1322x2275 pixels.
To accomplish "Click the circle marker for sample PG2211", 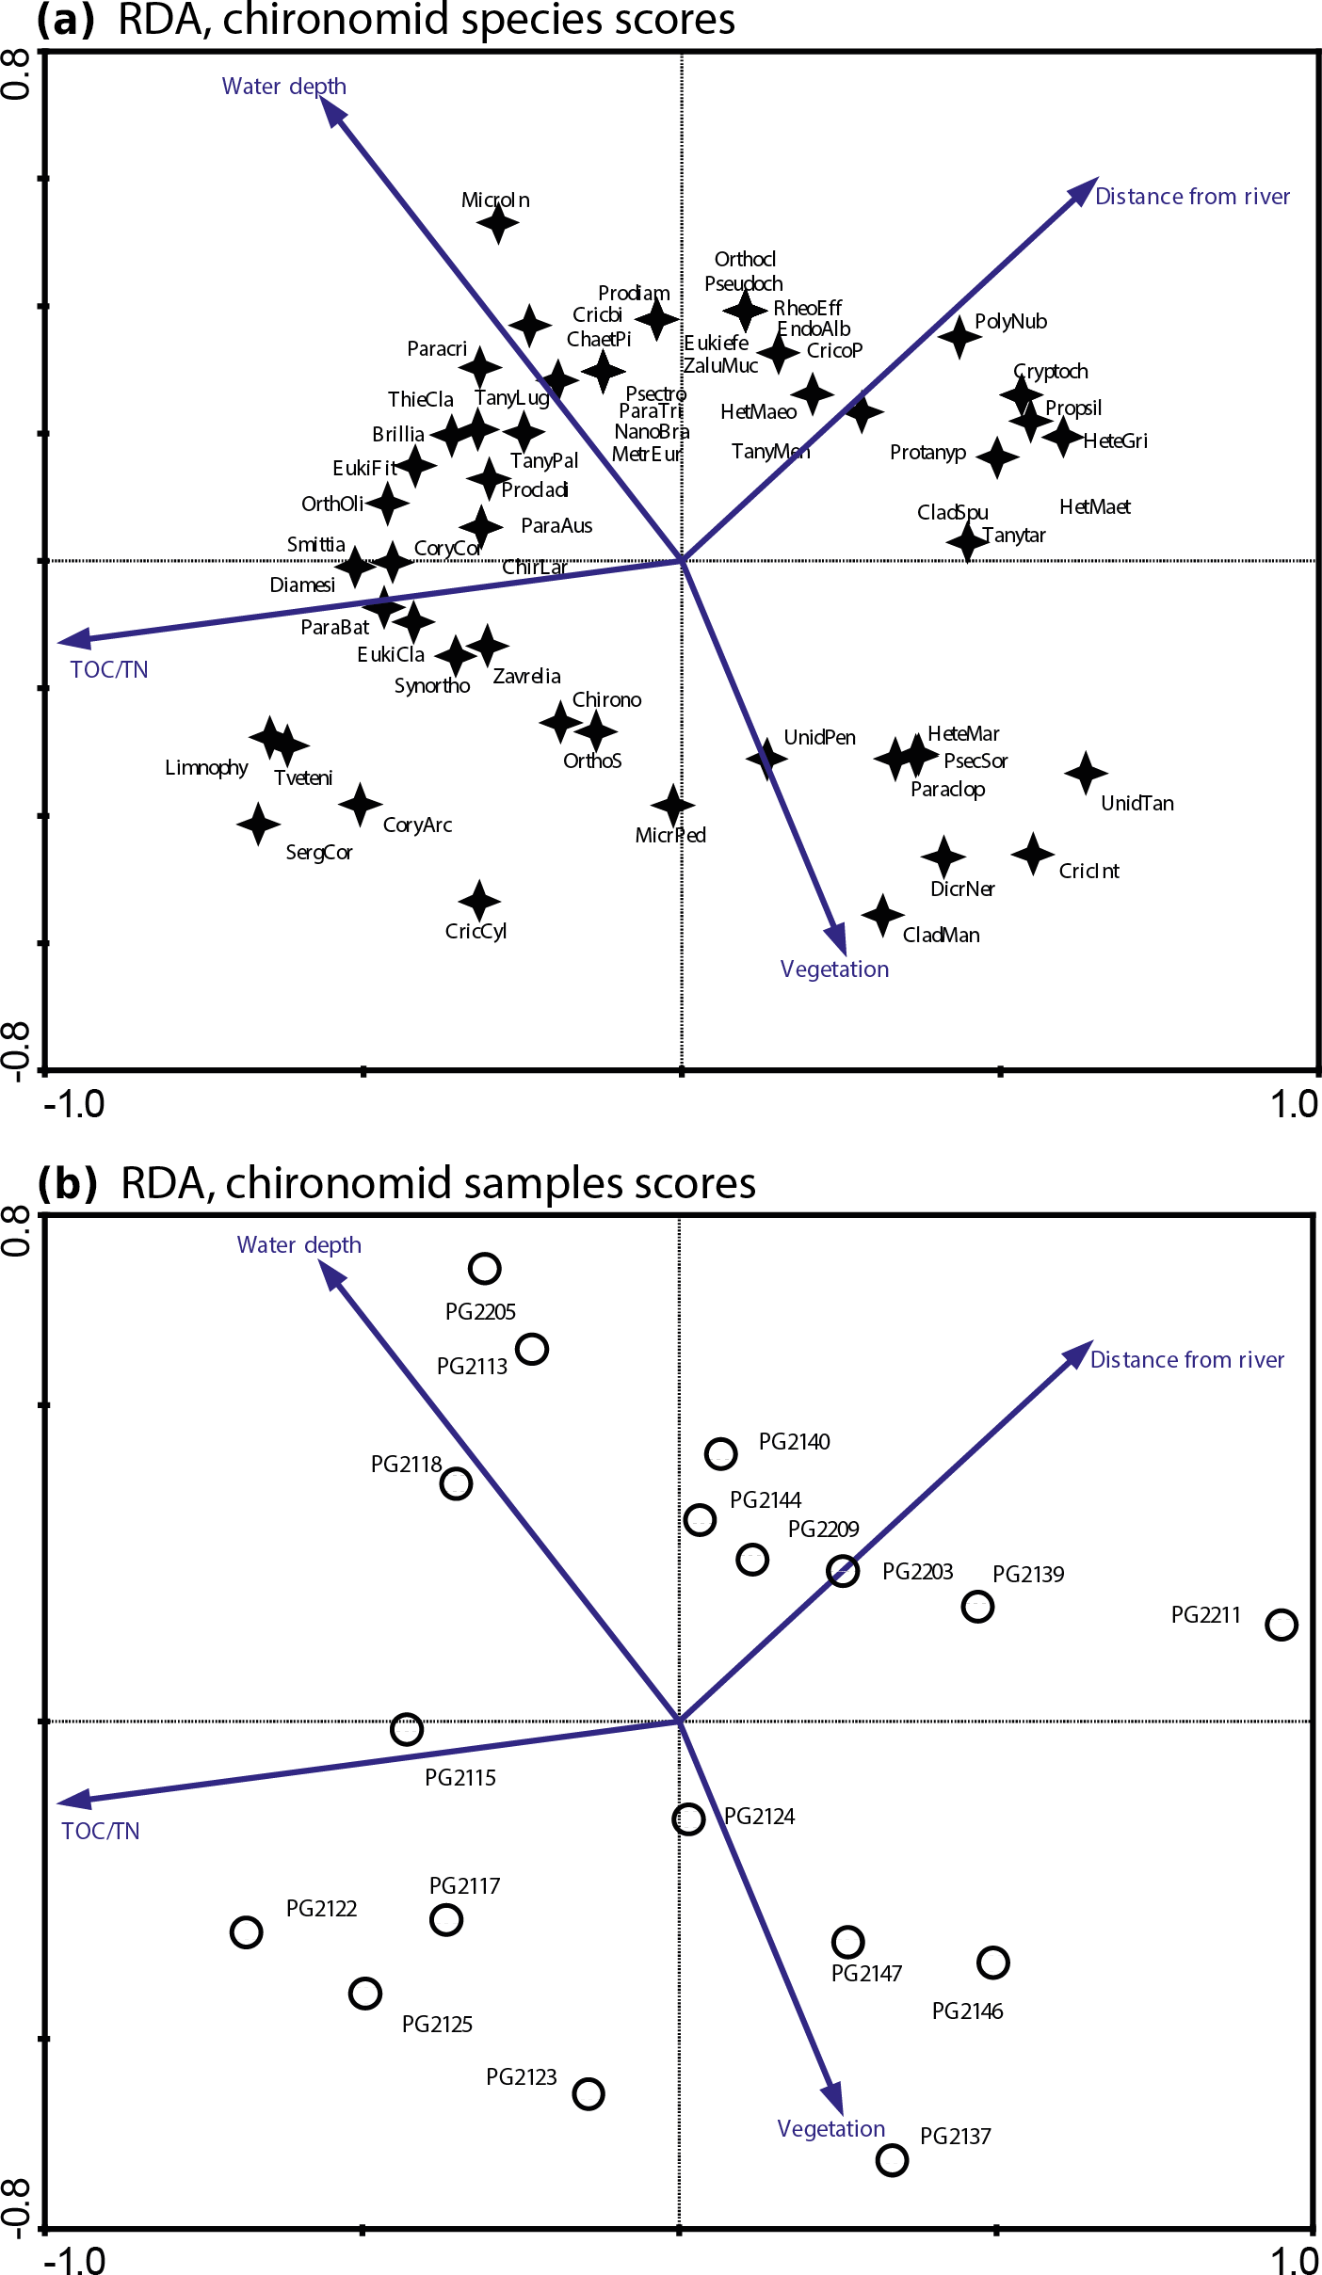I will coord(1281,1624).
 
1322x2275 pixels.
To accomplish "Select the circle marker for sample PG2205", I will coord(484,1268).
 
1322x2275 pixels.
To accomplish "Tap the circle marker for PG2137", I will coord(892,2159).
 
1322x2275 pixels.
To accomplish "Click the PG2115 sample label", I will coord(459,1777).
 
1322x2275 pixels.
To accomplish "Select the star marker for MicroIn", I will coord(498,223).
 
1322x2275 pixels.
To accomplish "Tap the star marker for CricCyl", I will coord(479,901).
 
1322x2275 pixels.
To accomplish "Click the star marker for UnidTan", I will coord(1086,773).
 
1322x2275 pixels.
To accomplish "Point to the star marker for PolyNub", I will coord(959,336).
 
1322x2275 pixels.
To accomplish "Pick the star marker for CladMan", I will coord(882,914).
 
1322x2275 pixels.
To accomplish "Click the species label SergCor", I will coord(319,853).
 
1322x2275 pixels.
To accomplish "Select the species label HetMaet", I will coord(1094,507).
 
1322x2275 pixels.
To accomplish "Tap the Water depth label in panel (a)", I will coord(283,87).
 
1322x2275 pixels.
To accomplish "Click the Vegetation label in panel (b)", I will coord(830,2128).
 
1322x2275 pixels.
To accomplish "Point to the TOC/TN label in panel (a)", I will coord(109,669).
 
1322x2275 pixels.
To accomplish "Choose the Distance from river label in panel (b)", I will coord(1186,1359).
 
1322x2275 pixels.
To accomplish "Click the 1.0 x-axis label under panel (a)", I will coord(1294,1104).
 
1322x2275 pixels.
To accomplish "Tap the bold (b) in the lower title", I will coord(67,1183).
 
